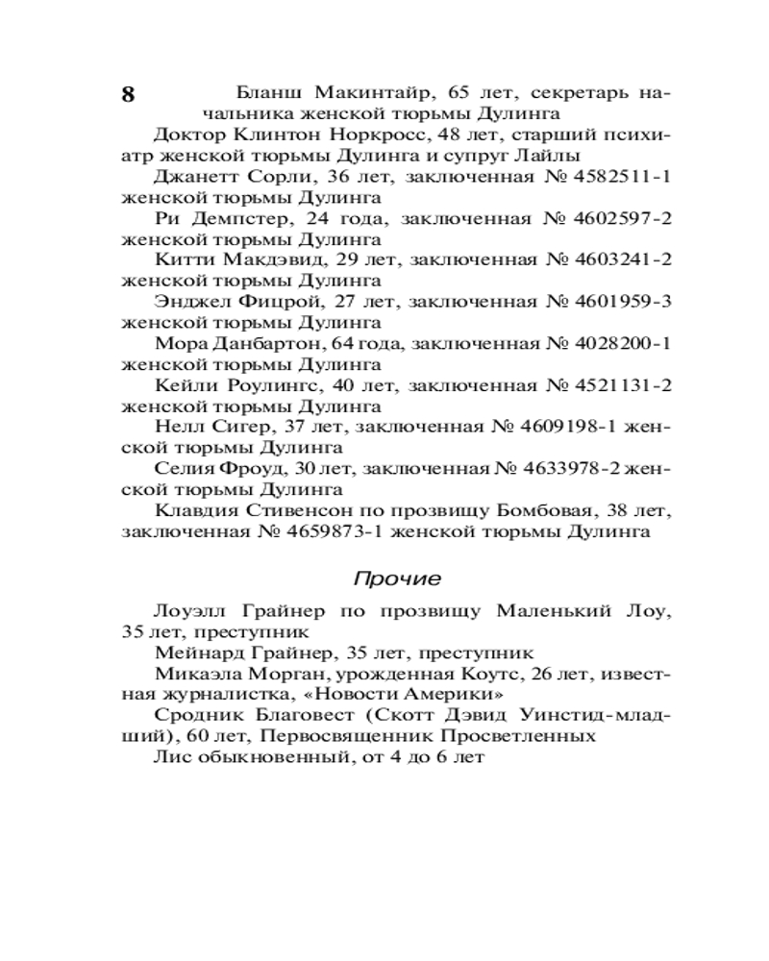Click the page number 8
[129, 95]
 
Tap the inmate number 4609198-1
[571, 426]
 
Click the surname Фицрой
[275, 302]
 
